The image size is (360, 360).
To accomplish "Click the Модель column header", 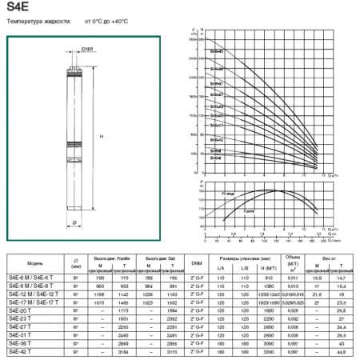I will (x=35, y=262).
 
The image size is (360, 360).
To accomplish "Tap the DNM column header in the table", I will (x=197, y=262).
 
